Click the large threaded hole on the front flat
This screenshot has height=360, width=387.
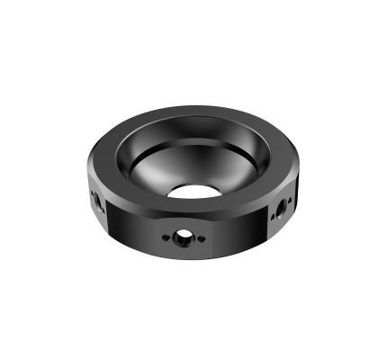click(x=183, y=236)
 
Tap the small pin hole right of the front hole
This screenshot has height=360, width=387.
click(x=202, y=238)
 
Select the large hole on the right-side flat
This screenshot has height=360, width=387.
click(x=281, y=208)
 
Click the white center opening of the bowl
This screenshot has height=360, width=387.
click(x=193, y=191)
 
